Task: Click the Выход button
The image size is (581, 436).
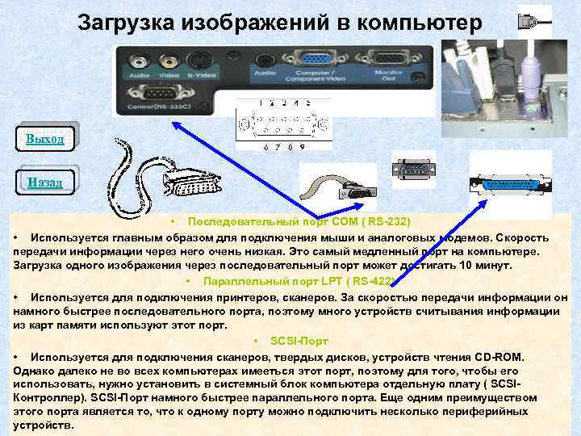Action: (45, 139)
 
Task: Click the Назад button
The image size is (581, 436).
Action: (44, 182)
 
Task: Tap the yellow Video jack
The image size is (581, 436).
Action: (168, 59)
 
